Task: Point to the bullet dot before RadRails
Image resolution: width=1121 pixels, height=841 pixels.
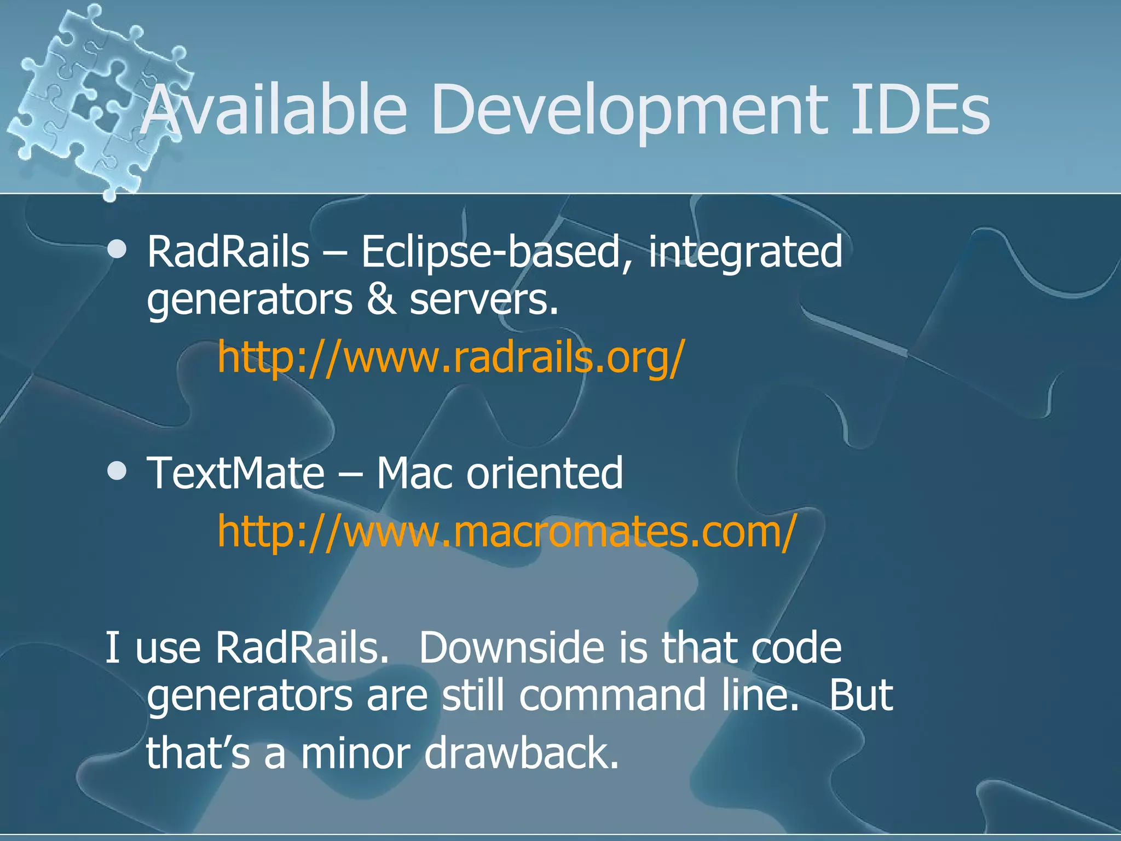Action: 117,250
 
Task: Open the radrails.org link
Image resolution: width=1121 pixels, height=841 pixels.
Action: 450,357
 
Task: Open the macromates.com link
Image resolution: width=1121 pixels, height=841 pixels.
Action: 506,531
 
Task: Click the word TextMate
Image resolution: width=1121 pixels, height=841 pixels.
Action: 236,473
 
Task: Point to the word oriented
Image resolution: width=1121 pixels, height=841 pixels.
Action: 545,473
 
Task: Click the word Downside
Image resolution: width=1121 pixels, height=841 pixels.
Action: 512,648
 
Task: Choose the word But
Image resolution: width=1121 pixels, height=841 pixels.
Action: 861,695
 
